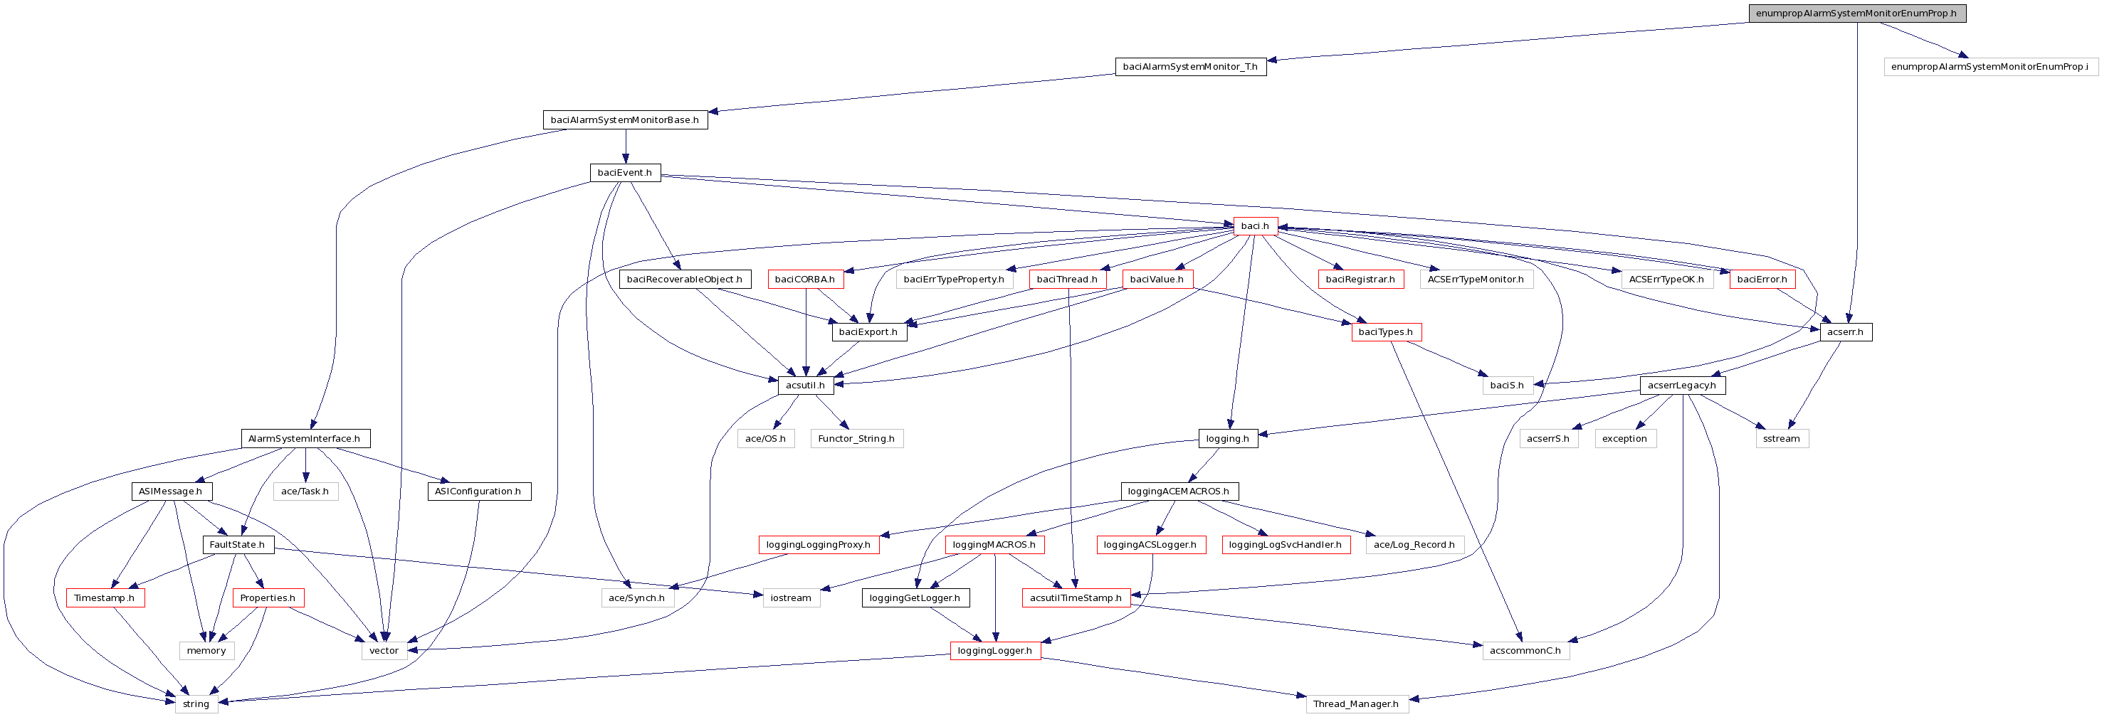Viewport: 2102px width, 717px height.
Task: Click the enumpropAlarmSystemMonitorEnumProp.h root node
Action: click(x=1856, y=13)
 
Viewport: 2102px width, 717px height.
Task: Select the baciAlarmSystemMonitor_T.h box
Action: click(x=1191, y=67)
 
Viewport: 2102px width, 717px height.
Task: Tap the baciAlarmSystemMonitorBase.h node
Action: click(x=625, y=120)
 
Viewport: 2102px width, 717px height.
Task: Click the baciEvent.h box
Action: click(x=625, y=173)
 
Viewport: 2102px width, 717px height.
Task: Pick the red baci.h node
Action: click(x=1255, y=226)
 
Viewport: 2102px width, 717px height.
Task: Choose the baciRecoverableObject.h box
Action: click(x=685, y=279)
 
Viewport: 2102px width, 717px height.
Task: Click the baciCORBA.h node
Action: click(x=805, y=279)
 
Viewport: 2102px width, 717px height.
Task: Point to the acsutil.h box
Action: click(x=805, y=385)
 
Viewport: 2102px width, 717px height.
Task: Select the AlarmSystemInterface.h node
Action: click(x=305, y=439)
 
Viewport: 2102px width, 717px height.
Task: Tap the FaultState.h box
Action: click(x=238, y=545)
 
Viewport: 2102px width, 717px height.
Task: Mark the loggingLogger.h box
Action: click(x=994, y=651)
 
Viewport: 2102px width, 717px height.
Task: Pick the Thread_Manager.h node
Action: click(x=1355, y=704)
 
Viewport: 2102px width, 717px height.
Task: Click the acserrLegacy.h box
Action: click(x=1682, y=385)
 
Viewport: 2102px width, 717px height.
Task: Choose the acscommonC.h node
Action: click(x=1525, y=651)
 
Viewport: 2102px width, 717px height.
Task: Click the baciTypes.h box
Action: click(x=1386, y=332)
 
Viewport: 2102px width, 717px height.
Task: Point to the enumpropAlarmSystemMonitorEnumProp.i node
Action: click(x=1990, y=67)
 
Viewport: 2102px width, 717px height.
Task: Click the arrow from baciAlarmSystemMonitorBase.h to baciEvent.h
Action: click(x=625, y=147)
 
